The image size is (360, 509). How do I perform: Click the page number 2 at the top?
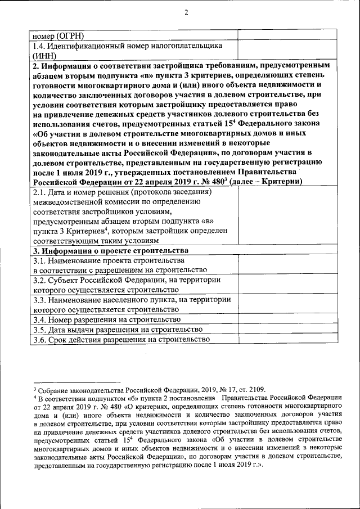coord(186,13)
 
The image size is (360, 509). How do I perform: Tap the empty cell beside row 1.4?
coord(283,50)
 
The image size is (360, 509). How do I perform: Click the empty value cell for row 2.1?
coord(283,217)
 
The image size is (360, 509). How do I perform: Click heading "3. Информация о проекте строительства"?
coord(110,251)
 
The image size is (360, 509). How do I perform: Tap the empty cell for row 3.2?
coord(283,285)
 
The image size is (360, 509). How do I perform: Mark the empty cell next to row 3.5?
coord(283,330)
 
